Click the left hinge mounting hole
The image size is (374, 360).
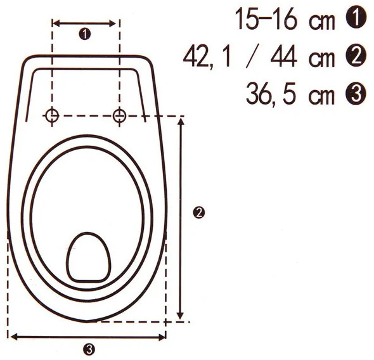[x=52, y=115]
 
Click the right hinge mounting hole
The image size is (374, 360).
[x=119, y=115]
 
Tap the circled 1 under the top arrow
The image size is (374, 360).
[x=85, y=34]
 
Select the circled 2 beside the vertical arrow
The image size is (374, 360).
[x=198, y=213]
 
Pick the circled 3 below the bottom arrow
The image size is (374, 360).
[x=89, y=350]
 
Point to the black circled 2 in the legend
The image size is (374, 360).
[x=356, y=57]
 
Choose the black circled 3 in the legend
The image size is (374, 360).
[x=356, y=94]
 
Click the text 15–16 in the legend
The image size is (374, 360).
[x=266, y=18]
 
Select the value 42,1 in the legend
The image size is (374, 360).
[x=207, y=58]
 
